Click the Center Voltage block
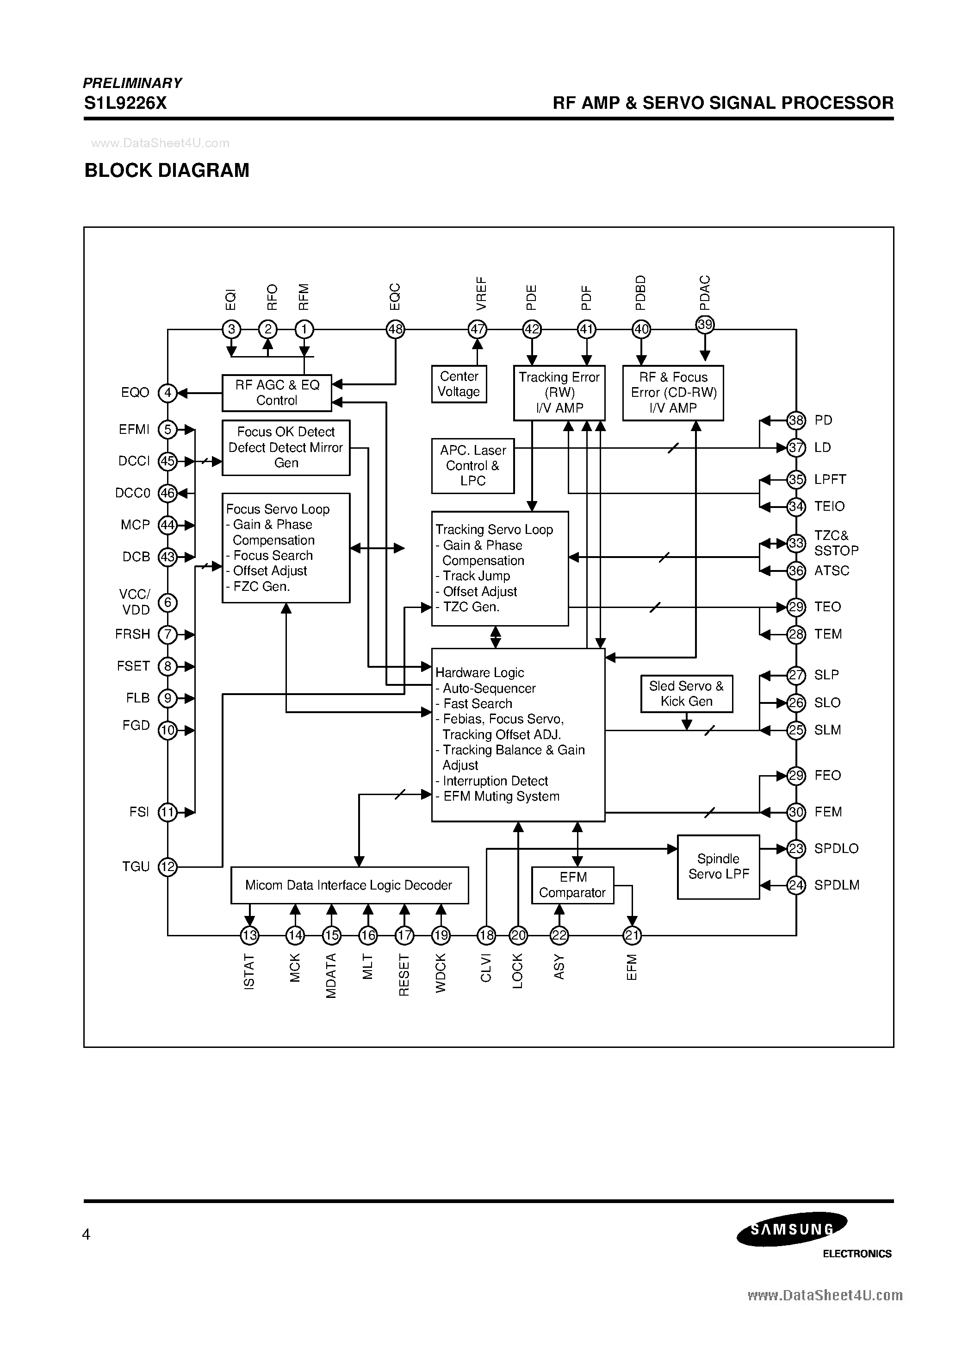[x=459, y=384]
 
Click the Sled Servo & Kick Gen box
[x=687, y=694]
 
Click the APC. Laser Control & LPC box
[x=473, y=465]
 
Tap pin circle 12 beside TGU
[x=168, y=866]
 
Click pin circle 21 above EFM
[x=632, y=935]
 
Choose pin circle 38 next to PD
[x=796, y=420]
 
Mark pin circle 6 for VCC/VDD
[x=168, y=602]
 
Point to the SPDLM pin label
[x=836, y=885]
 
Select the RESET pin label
[x=404, y=975]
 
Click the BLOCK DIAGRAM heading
[x=167, y=170]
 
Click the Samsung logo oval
[x=792, y=1229]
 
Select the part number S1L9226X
[x=125, y=103]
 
